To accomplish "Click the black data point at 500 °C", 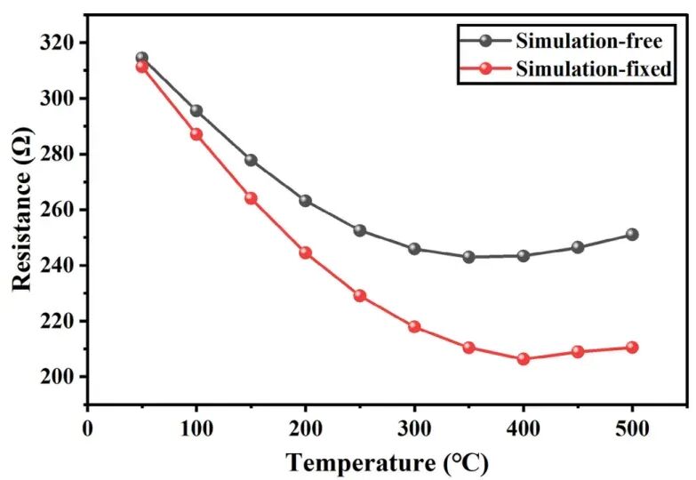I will click(x=632, y=235).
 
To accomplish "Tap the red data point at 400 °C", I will click(x=524, y=359).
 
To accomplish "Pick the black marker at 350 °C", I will click(x=468, y=257).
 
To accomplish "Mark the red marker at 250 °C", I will click(x=360, y=296).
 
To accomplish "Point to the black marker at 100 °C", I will click(x=196, y=111).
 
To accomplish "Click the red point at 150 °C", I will click(x=251, y=198).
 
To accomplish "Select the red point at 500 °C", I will click(x=632, y=348).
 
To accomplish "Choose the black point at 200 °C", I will click(x=306, y=201).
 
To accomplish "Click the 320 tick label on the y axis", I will click(x=60, y=43).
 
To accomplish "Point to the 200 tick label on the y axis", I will click(x=60, y=377).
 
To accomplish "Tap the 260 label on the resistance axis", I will click(x=60, y=210).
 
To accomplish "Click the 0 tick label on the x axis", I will click(x=87, y=428).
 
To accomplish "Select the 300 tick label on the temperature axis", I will click(x=414, y=428).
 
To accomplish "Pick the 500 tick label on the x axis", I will click(x=632, y=428).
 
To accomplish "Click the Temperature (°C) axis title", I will click(x=387, y=462).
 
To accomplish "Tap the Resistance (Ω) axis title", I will click(x=23, y=210).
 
